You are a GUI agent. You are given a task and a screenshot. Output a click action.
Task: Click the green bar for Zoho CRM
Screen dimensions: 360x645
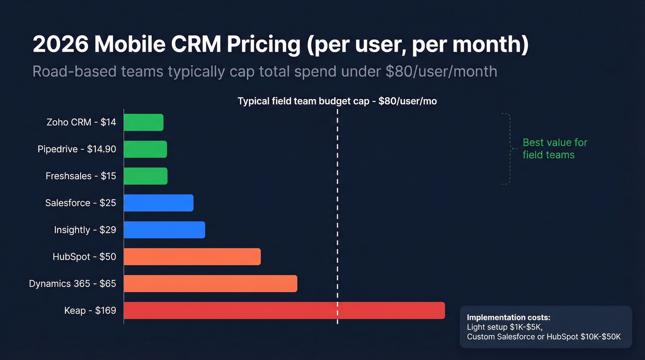(x=143, y=122)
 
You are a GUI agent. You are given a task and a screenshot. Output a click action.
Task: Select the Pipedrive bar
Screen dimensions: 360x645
(x=145, y=149)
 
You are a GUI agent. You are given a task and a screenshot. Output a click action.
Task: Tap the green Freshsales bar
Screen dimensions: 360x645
(x=146, y=176)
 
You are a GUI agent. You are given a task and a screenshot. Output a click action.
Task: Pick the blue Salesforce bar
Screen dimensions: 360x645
(x=158, y=203)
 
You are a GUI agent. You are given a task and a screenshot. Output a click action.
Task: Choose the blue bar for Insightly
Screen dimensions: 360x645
(x=164, y=230)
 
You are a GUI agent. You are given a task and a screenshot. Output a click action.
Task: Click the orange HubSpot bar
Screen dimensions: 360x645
(x=192, y=257)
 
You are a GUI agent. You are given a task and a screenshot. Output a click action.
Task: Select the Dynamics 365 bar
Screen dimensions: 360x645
(x=211, y=283)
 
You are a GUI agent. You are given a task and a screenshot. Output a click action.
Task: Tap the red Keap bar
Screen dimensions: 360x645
(x=284, y=310)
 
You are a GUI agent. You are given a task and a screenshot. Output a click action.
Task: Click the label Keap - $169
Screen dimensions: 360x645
(x=90, y=311)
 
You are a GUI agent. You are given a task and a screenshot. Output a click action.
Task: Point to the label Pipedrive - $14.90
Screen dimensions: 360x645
(x=76, y=149)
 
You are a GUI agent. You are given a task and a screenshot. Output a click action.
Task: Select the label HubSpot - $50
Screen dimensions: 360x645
(x=84, y=257)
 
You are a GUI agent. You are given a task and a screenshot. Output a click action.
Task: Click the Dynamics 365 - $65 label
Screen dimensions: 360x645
(x=72, y=283)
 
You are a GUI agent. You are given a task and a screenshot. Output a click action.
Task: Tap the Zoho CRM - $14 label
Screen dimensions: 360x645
(x=81, y=122)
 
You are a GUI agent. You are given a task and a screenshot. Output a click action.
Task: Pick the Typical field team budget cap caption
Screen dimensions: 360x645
(x=337, y=101)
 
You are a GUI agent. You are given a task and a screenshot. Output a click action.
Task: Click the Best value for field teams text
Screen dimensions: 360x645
(x=554, y=148)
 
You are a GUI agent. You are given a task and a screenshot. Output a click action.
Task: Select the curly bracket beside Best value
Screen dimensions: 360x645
(x=508, y=148)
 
